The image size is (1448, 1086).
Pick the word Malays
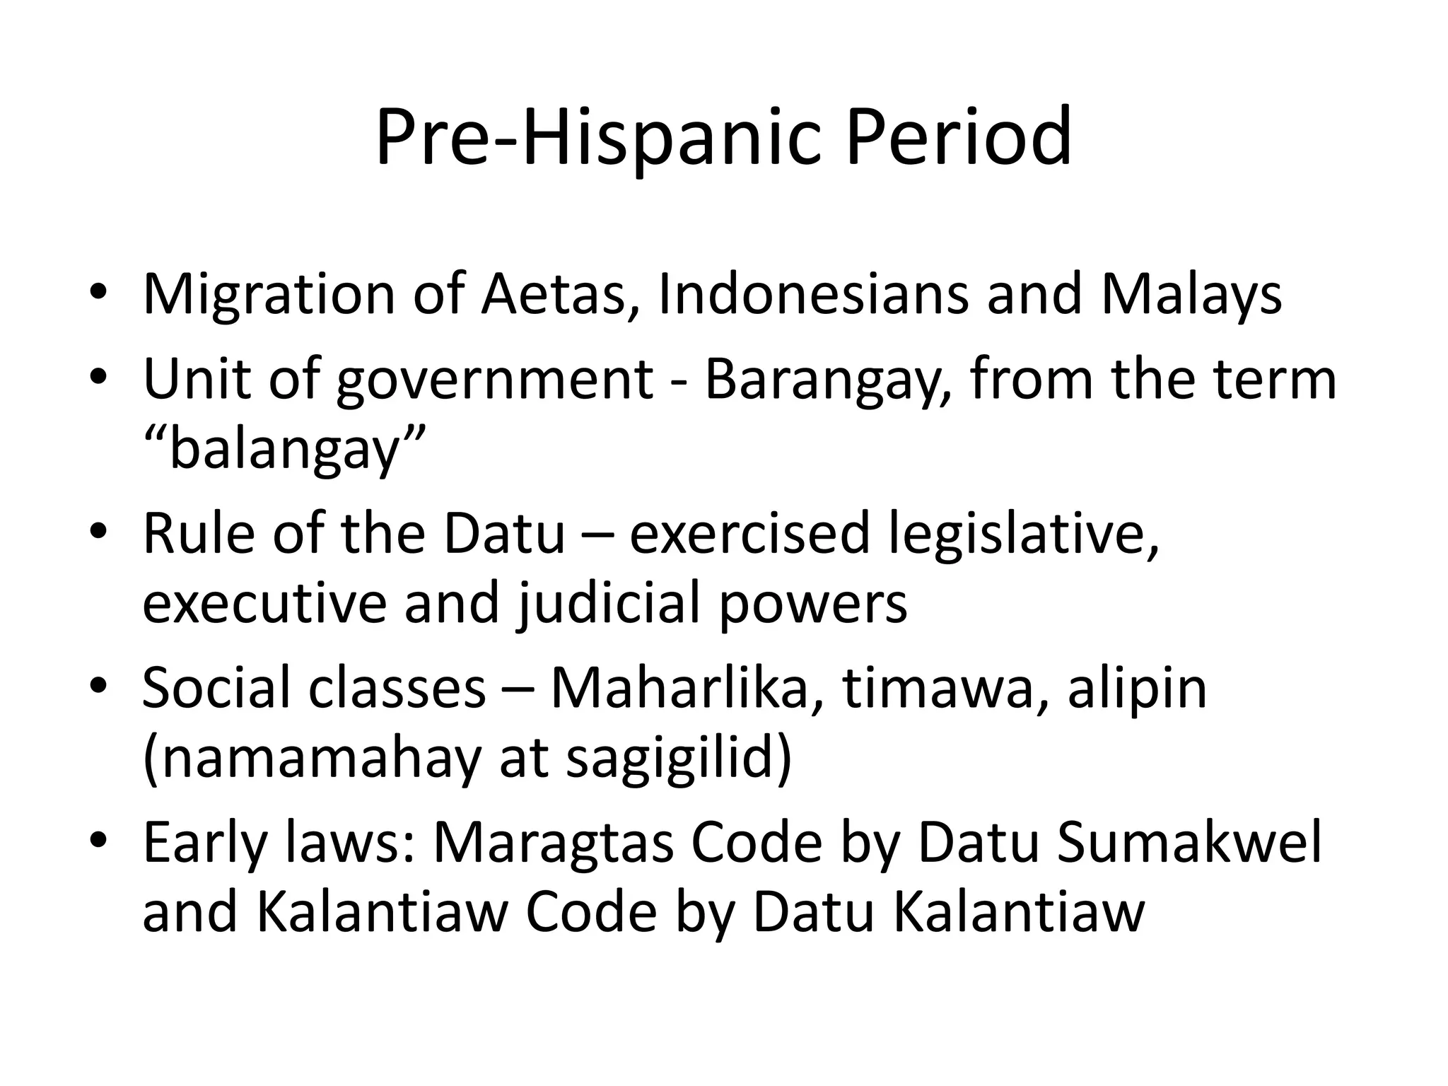coord(1191,295)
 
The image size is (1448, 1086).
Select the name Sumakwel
coord(1189,843)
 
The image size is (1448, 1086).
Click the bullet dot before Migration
coord(98,293)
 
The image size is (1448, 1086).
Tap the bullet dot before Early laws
coord(98,841)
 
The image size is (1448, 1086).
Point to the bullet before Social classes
coord(98,686)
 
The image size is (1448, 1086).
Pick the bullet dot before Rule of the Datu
coord(98,532)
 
